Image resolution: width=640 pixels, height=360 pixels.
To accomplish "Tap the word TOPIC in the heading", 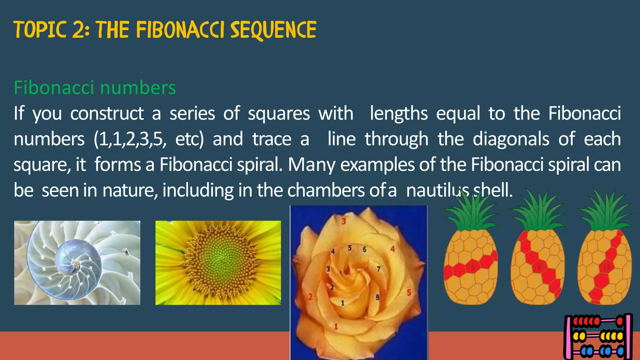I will click(x=40, y=30).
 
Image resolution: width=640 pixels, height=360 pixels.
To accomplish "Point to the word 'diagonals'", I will click(x=511, y=139).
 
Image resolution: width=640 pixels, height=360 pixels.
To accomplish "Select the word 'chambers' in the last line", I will click(x=326, y=190).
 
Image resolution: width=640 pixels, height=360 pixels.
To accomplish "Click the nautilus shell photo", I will click(x=77, y=262).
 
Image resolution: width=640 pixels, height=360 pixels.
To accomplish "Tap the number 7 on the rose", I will click(x=378, y=269).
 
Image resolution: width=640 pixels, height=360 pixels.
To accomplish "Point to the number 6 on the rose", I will click(x=364, y=249).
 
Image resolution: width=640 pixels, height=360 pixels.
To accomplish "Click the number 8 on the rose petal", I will click(x=377, y=297).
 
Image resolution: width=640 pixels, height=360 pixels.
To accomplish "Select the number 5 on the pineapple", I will click(x=473, y=267).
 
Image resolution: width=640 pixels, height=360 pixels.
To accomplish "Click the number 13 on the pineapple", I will click(x=606, y=267).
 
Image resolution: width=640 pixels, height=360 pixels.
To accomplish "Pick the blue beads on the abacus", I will click(x=589, y=351).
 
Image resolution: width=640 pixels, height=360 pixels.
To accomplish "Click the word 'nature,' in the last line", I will click(x=130, y=190).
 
